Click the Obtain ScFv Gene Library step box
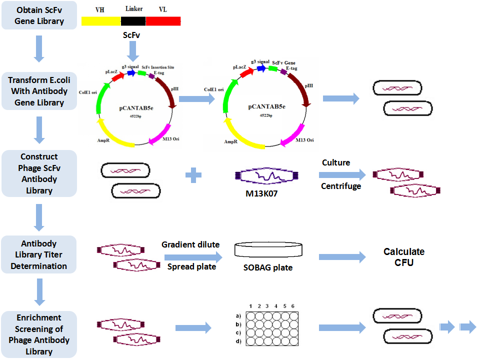pos(39,15)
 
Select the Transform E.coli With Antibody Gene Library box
pos(39,91)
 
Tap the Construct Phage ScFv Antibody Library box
pos(39,173)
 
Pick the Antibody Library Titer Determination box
pos(39,254)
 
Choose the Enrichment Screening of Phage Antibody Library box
pos(39,334)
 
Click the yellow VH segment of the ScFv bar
pos(101,21)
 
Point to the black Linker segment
pos(133,21)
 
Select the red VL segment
pos(163,21)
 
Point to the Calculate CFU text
pos(404,256)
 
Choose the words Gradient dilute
pos(190,245)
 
